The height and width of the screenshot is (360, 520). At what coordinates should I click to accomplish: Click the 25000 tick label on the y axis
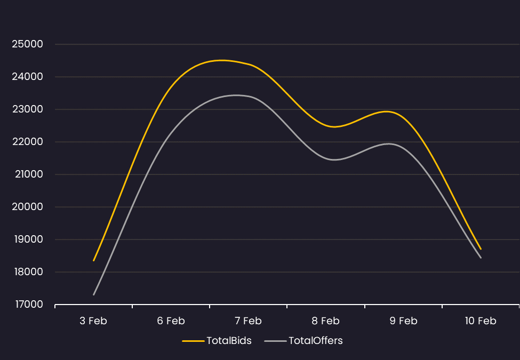pos(28,44)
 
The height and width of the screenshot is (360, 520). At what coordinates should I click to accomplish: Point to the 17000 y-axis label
pos(29,305)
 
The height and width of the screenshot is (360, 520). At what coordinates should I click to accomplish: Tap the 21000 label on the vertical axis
pos(29,174)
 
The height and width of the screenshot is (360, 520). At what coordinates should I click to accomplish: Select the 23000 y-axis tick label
pos(28,109)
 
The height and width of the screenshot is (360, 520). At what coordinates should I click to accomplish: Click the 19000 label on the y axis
pos(29,239)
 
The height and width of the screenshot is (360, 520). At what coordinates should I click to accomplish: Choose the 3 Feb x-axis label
pos(93,321)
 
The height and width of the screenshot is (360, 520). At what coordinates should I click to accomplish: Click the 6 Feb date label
pos(171,321)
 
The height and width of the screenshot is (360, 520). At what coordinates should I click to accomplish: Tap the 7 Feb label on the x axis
pos(248,321)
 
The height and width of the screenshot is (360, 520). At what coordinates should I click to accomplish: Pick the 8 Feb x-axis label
pos(326,321)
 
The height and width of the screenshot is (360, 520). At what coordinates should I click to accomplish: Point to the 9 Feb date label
pos(403,321)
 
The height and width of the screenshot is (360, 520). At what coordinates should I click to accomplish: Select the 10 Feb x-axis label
pos(481,321)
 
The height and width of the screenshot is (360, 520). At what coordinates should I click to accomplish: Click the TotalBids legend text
pos(229,341)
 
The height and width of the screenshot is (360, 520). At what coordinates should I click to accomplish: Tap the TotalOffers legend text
pos(315,341)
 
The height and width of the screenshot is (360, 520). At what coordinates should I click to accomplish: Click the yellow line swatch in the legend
pos(193,341)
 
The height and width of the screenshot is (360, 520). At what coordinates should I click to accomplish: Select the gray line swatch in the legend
pos(275,341)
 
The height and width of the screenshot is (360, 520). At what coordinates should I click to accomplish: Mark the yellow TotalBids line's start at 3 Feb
pos(94,261)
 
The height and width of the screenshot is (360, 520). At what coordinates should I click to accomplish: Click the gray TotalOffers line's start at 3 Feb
pos(94,294)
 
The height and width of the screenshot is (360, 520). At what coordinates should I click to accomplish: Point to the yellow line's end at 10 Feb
pos(481,249)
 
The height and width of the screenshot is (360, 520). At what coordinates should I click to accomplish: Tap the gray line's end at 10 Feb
pos(481,258)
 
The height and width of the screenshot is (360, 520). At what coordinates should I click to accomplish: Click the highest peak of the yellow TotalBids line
pos(221,60)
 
